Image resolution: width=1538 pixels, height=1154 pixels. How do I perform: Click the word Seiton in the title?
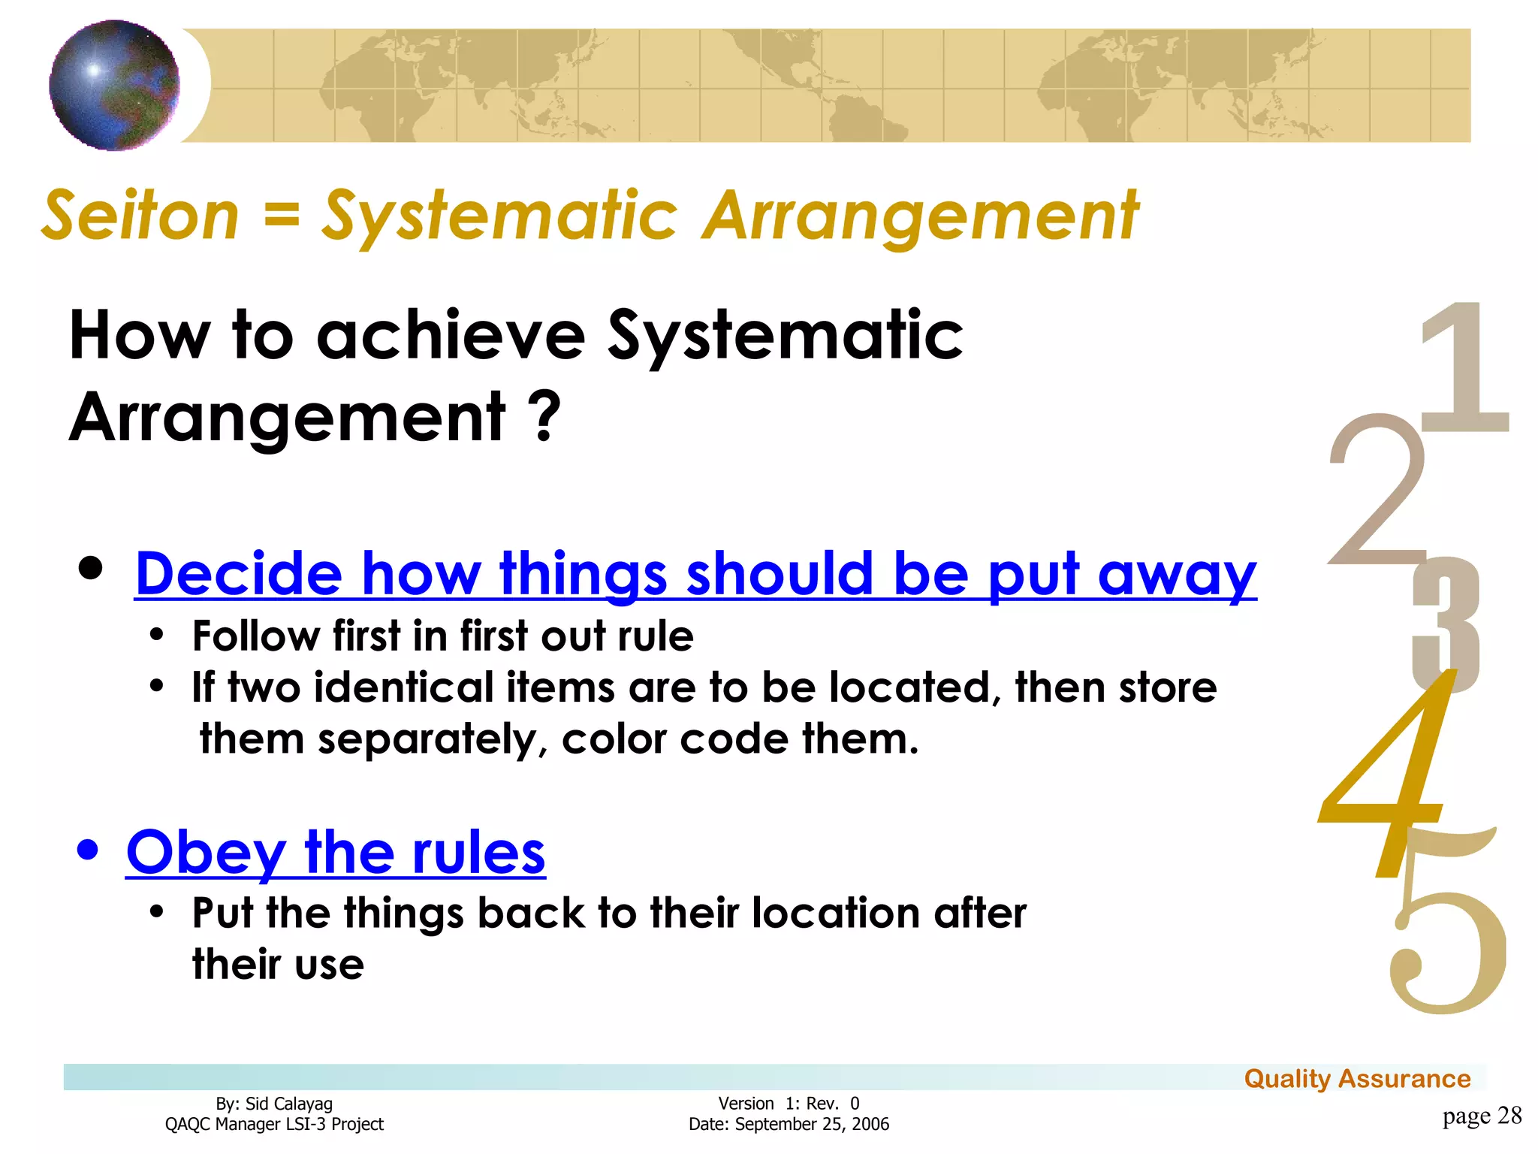click(140, 216)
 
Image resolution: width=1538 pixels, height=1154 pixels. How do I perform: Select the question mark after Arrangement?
click(544, 417)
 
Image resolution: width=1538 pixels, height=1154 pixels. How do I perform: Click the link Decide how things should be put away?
click(695, 574)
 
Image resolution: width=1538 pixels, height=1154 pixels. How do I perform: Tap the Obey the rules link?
click(336, 853)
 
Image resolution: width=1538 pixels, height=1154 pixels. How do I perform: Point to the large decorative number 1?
click(1464, 368)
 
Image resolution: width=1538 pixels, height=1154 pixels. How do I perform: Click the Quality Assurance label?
click(1357, 1079)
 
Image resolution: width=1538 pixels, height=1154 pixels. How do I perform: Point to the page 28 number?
click(1481, 1116)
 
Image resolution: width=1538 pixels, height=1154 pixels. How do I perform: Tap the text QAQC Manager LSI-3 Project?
click(274, 1124)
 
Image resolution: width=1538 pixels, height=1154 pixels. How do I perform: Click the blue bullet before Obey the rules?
click(88, 850)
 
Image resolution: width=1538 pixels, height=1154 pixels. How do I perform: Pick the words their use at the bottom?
click(278, 965)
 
